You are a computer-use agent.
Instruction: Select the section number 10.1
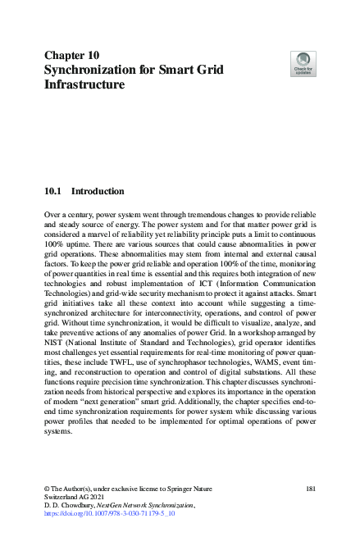[54, 192]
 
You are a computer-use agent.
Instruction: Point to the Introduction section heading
[98, 192]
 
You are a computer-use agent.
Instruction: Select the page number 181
[310, 489]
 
